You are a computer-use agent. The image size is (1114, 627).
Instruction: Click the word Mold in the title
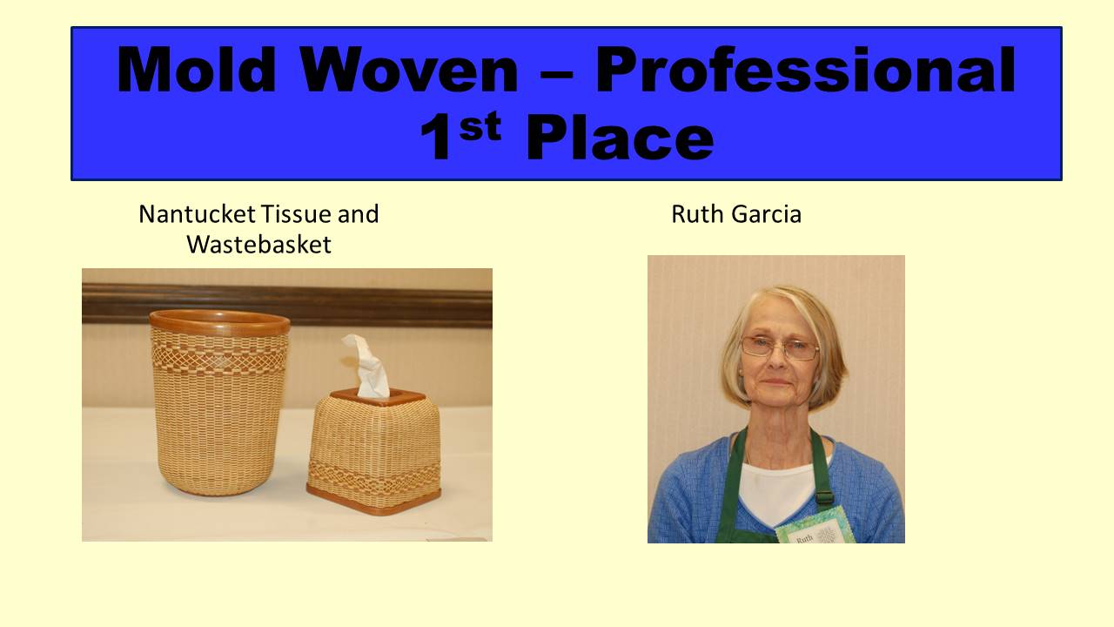(x=197, y=70)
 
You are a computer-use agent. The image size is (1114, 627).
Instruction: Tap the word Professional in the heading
(x=806, y=70)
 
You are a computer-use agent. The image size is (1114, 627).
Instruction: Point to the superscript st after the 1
(x=480, y=127)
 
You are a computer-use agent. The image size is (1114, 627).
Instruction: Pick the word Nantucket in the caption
(x=197, y=214)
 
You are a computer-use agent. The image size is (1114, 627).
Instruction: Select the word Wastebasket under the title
(x=258, y=245)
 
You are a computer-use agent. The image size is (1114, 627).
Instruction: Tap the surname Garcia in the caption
(x=767, y=214)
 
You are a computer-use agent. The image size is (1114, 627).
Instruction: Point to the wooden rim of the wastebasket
(x=219, y=322)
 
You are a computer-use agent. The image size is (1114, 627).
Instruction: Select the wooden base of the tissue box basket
(x=374, y=501)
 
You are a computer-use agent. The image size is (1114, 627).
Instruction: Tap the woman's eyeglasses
(x=779, y=347)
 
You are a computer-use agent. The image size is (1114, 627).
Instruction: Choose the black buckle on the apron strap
(x=824, y=496)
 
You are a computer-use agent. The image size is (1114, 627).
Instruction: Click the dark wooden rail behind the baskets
(x=287, y=304)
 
